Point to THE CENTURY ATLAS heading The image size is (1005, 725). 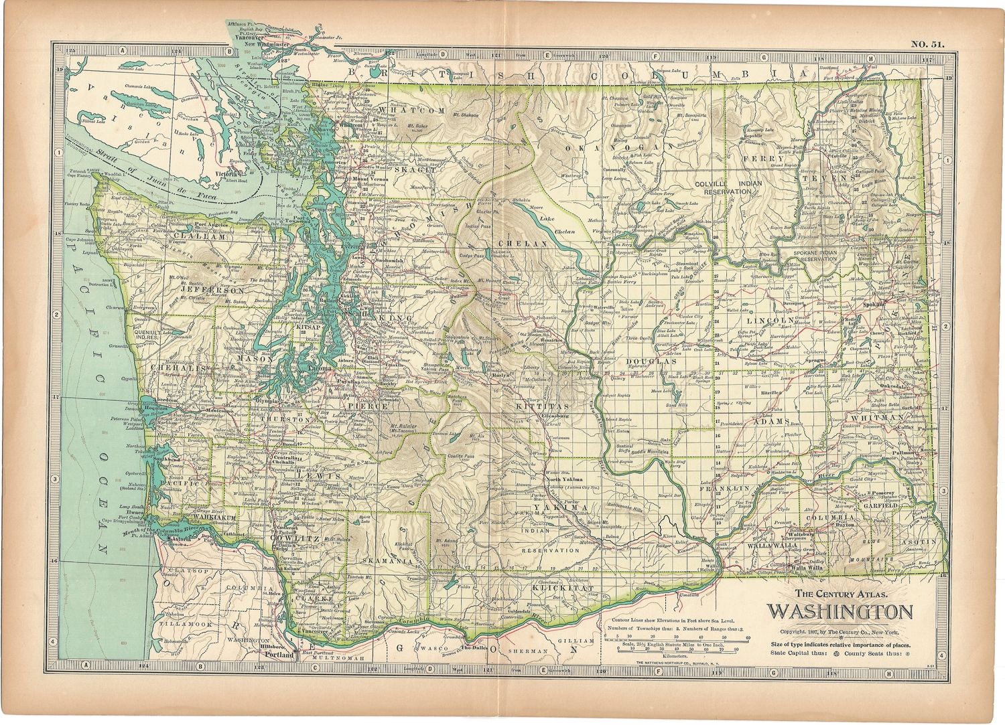tap(842, 593)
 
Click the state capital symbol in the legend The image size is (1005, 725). tap(832, 653)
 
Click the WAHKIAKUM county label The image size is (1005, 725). tap(212, 517)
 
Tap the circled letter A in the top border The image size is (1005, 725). tap(123, 50)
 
